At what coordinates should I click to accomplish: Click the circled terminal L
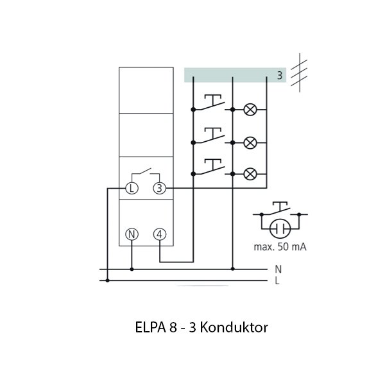[132, 188]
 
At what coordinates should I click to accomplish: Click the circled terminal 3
[159, 188]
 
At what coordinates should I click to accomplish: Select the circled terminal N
[132, 234]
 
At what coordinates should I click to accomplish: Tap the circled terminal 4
[159, 234]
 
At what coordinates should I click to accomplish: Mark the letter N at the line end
[278, 269]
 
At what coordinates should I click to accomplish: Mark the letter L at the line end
[278, 280]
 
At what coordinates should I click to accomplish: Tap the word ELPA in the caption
[148, 327]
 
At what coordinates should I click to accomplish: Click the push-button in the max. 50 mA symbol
[280, 210]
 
